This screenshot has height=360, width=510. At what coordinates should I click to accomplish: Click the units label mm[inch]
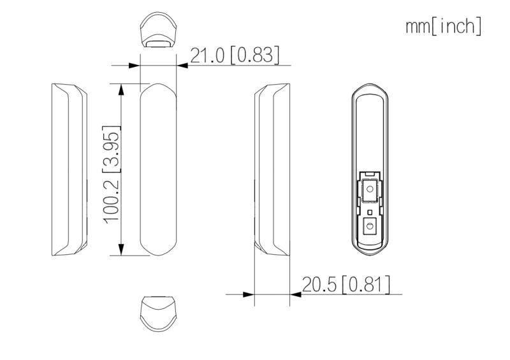[443, 26]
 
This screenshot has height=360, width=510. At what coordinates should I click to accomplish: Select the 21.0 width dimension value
[207, 56]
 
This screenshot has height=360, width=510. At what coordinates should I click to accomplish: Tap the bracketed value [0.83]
[254, 56]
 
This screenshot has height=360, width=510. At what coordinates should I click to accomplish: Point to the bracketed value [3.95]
[112, 150]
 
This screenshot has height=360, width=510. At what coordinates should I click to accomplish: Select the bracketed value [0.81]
[365, 285]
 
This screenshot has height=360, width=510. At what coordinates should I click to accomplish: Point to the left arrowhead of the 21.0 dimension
[135, 65]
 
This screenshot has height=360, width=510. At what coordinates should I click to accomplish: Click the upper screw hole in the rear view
[369, 189]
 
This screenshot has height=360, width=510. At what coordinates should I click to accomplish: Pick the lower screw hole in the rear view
[369, 226]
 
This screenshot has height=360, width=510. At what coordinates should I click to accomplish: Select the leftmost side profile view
[68, 169]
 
